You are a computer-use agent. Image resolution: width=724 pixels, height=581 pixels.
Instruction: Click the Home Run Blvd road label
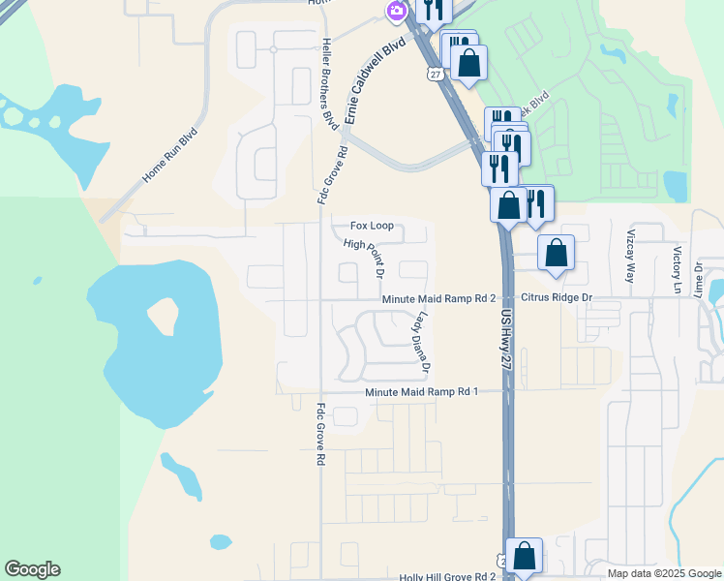coord(170,156)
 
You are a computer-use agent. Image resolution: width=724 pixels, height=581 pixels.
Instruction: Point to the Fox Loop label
coord(372,226)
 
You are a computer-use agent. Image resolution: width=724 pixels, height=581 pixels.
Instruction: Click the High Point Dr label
coord(364,257)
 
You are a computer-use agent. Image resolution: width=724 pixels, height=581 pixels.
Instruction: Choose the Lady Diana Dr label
coord(422,342)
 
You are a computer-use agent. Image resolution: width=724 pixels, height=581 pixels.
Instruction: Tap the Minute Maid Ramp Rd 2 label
coord(438,299)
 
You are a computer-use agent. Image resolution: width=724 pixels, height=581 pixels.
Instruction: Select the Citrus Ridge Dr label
coord(556,299)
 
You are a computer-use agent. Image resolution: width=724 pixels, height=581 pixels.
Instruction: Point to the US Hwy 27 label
coord(505,338)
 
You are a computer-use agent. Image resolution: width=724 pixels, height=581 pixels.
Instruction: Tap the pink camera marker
coord(396,13)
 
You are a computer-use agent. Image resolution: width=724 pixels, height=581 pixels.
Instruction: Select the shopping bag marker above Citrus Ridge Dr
coord(556,254)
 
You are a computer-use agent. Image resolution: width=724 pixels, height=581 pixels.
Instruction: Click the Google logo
coord(32,569)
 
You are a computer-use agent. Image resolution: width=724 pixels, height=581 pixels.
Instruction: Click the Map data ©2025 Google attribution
coord(664,573)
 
